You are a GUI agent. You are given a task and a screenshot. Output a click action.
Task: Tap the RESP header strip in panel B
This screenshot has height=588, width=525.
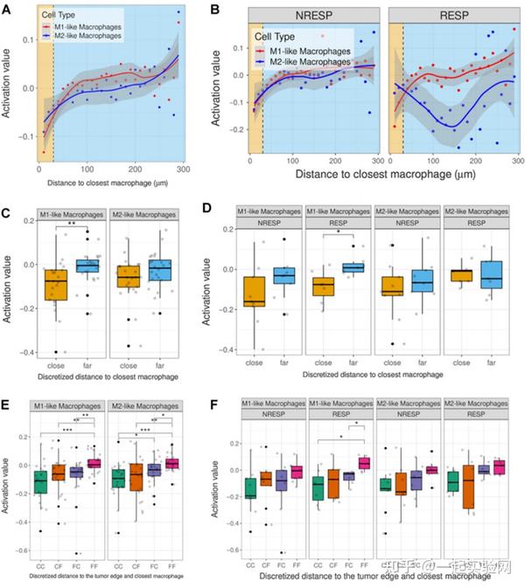[x=453, y=15]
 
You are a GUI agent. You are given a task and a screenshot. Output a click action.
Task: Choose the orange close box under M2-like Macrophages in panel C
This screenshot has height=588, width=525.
[x=128, y=275]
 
